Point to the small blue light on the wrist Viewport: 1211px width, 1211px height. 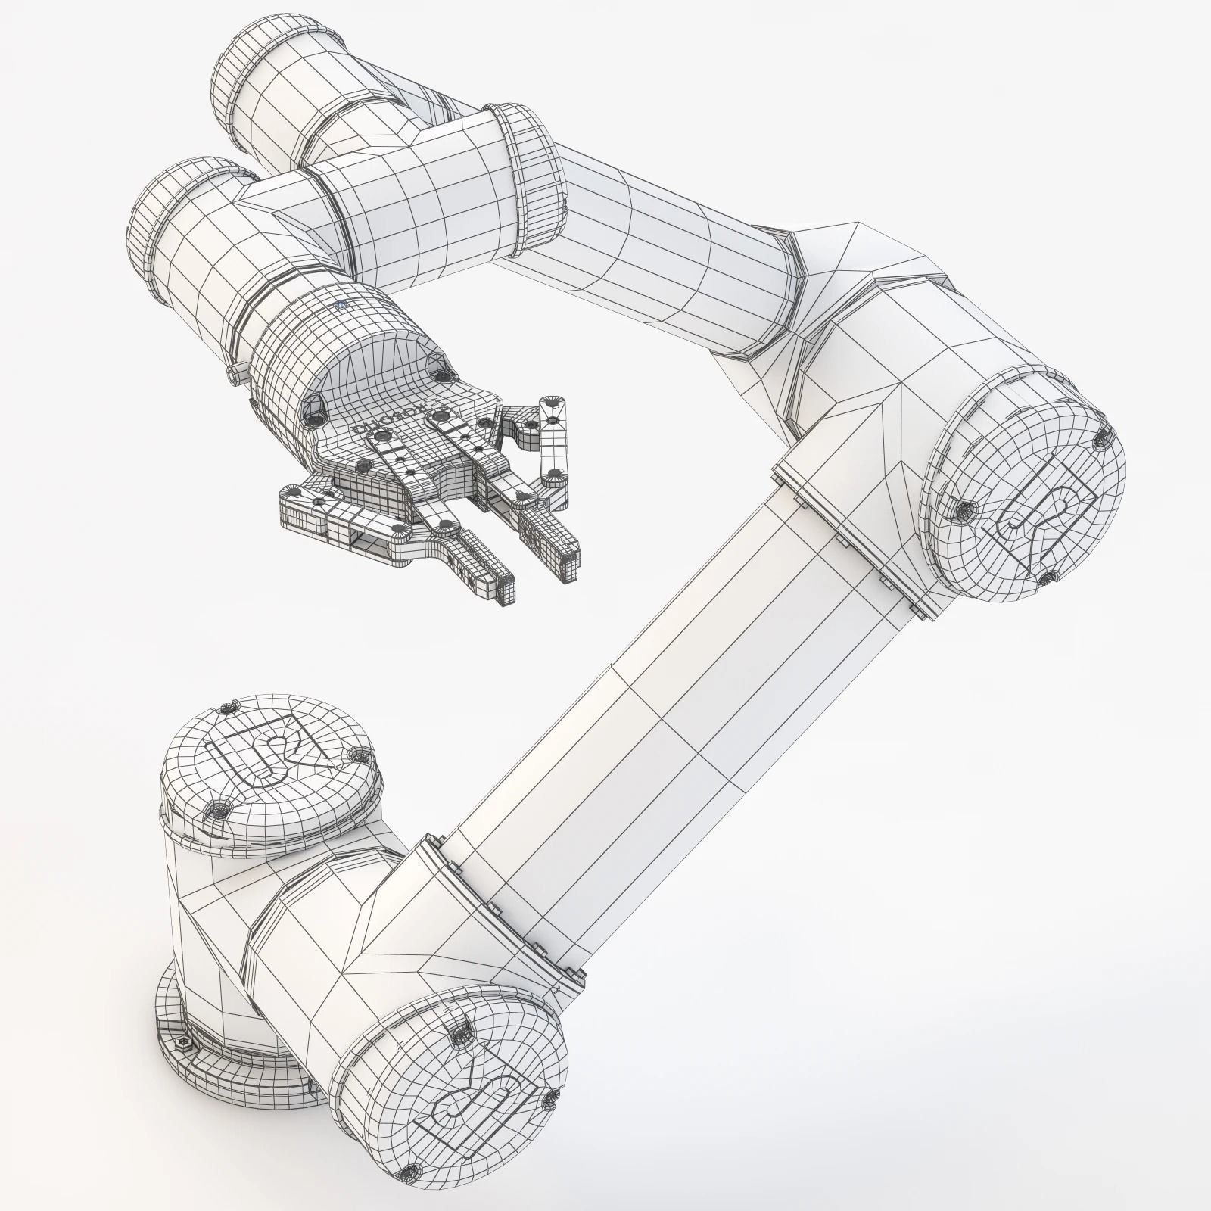(x=340, y=305)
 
